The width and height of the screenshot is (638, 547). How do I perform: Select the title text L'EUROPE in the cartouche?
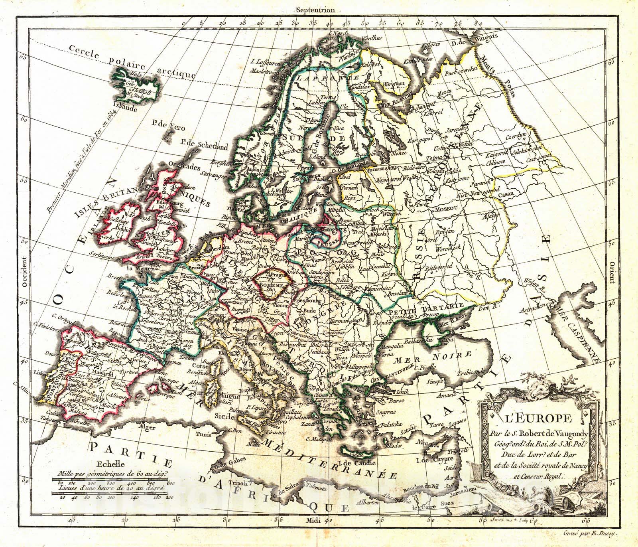[530, 419]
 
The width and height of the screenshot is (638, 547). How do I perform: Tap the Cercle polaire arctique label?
[132, 62]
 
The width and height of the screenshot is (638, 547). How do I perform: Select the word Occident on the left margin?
[24, 272]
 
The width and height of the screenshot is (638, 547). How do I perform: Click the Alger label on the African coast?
[147, 426]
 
